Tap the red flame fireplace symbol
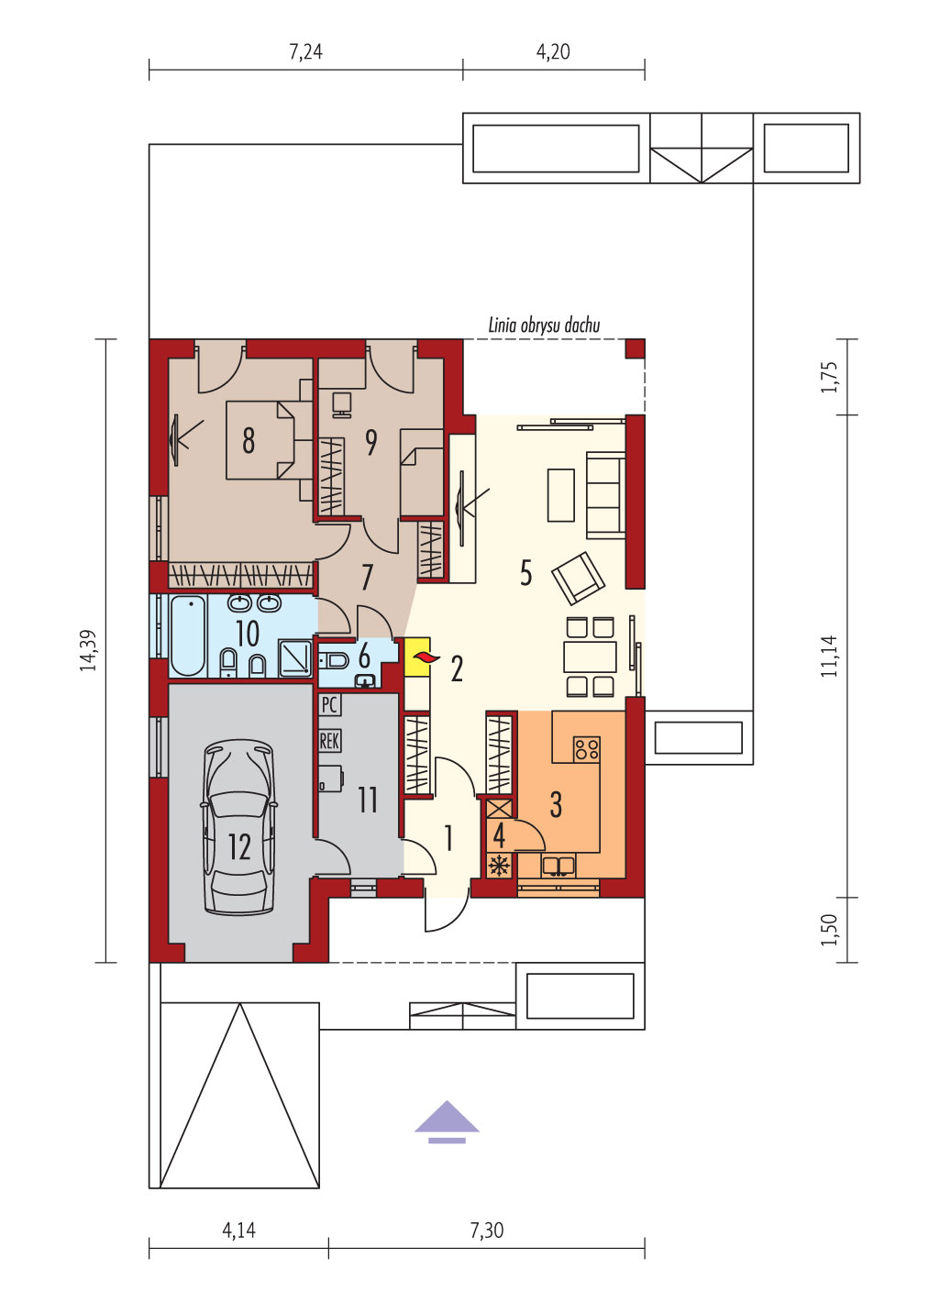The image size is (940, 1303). (x=423, y=657)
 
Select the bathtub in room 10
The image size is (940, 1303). (x=188, y=635)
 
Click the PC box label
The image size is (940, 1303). (x=329, y=705)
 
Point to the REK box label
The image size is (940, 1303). (x=329, y=741)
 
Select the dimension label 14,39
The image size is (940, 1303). (x=88, y=651)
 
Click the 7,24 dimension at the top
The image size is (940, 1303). (x=306, y=51)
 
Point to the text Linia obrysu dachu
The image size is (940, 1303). (x=544, y=326)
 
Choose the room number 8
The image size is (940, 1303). (x=249, y=440)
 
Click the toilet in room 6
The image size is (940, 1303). (x=333, y=660)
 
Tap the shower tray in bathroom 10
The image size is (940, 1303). (x=295, y=658)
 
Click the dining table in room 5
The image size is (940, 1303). (x=590, y=657)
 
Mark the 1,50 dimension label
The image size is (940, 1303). (x=829, y=930)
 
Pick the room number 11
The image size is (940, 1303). (x=368, y=800)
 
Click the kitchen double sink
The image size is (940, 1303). (x=558, y=866)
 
